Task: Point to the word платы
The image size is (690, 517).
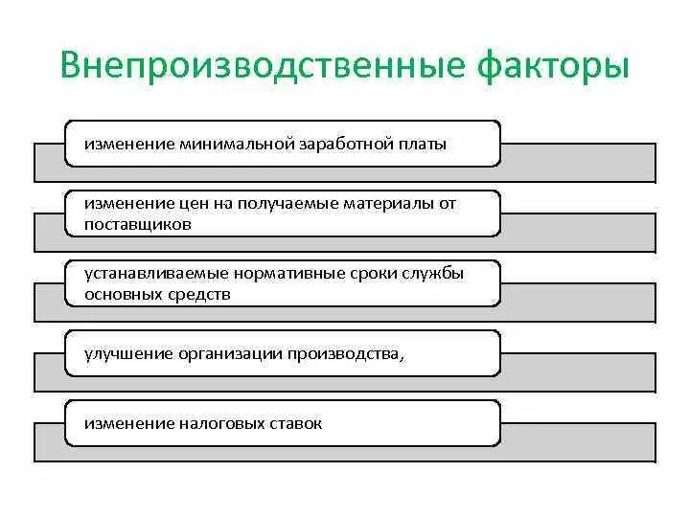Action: coord(423,144)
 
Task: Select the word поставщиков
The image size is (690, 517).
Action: coord(138,224)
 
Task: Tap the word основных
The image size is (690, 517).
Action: coord(119,294)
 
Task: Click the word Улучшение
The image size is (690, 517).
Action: coord(126,354)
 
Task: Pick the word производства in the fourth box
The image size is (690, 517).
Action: coord(339,354)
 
